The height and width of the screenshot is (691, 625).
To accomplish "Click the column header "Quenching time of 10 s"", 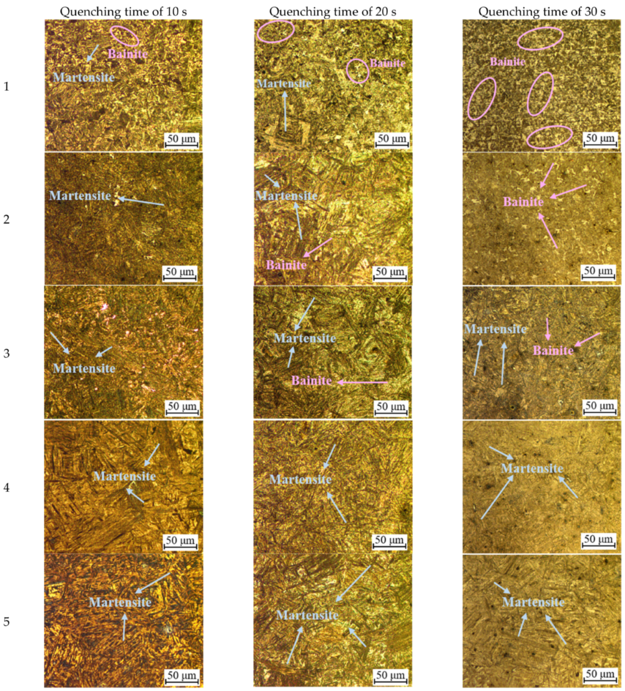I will [123, 12].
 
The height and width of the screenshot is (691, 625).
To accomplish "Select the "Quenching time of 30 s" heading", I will [542, 12].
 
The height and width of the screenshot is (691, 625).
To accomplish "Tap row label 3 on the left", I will [6, 353].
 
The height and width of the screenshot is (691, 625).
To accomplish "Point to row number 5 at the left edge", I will [6, 621].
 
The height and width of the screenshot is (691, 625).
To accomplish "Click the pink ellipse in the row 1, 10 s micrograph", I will [124, 36].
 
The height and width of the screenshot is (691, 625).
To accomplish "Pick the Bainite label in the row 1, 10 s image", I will [128, 53].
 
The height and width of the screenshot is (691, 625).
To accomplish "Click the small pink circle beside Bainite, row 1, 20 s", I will [357, 71].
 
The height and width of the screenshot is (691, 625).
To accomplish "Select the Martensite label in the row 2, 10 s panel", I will [80, 195].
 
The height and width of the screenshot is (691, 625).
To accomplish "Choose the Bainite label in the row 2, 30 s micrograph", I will [523, 202].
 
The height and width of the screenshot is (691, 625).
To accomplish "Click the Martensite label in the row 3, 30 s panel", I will [496, 329].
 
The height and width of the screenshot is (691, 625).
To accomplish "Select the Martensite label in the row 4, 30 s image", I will [532, 468].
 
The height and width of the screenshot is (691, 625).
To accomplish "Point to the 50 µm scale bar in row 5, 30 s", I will [599, 675].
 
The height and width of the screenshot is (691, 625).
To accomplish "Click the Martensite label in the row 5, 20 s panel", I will [307, 615].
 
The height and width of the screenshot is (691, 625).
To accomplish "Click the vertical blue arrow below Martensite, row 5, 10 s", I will [124, 628].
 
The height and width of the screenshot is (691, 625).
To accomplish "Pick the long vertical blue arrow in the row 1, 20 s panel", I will [285, 112].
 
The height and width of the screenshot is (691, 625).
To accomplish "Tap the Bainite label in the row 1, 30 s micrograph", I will [507, 62].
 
